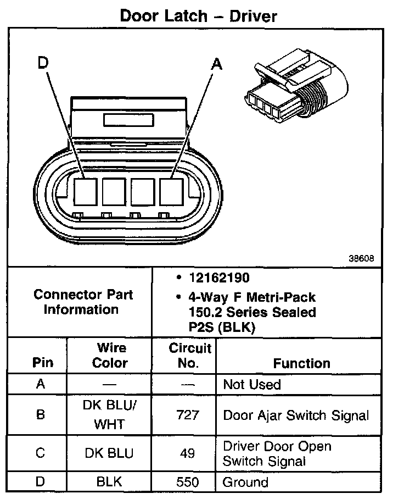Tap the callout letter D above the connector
44,64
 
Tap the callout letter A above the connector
217,65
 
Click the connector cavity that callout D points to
85,192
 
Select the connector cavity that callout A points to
172,192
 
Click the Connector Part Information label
83,302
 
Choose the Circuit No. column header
189,356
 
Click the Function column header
301,363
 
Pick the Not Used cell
252,384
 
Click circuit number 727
187,414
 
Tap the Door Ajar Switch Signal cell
296,415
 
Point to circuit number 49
187,453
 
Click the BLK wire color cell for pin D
109,482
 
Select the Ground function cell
245,483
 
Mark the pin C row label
40,453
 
